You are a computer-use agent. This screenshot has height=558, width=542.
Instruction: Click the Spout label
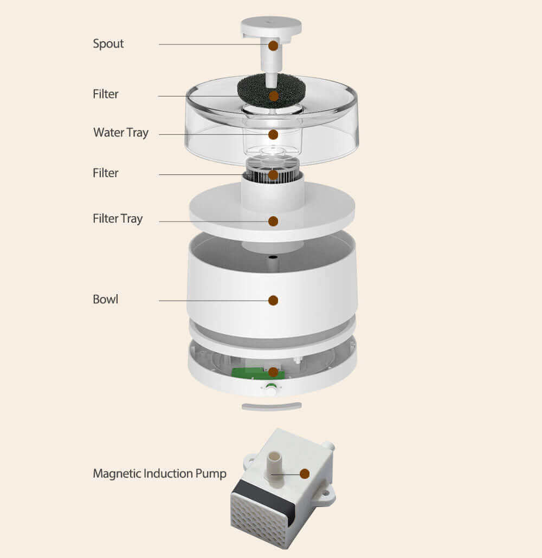click(x=108, y=44)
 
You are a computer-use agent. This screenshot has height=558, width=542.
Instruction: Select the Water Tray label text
click(x=121, y=132)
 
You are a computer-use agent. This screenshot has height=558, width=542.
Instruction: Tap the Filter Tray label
click(x=118, y=218)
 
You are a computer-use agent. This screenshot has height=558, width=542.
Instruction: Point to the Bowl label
click(x=105, y=299)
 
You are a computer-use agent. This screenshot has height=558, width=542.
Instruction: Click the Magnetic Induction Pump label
click(x=159, y=473)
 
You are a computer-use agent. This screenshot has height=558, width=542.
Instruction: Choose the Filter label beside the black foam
click(x=105, y=94)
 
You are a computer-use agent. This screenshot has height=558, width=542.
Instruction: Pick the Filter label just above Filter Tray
click(x=105, y=173)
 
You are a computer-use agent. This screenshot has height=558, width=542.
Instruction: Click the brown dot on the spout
click(x=273, y=46)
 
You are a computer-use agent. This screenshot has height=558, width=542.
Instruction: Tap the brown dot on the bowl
click(x=273, y=300)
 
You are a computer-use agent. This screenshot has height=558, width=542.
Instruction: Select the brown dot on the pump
click(x=305, y=473)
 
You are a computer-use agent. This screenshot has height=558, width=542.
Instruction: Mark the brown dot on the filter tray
click(x=273, y=222)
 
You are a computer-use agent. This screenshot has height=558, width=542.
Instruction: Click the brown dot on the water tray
click(x=273, y=134)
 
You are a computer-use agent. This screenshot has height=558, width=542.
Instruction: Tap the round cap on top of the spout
click(x=271, y=27)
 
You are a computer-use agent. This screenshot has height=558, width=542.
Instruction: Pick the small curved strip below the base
click(x=272, y=406)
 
